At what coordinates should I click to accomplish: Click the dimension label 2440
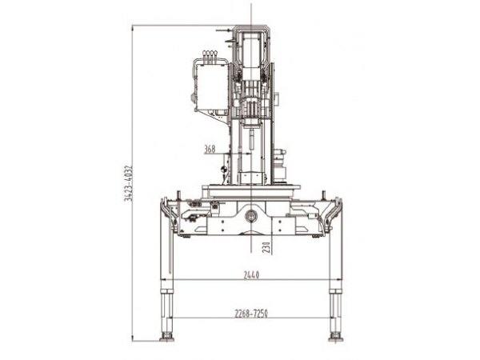[251, 275]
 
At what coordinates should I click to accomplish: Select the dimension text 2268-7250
[251, 314]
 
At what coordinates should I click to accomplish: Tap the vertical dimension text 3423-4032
[128, 183]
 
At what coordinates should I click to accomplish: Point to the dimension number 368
[210, 149]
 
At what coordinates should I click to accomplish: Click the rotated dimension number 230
[266, 247]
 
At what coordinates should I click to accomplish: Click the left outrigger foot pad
[167, 338]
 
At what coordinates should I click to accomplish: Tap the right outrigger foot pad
[335, 338]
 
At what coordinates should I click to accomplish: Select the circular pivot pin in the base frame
[250, 216]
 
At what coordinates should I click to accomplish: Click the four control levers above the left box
[210, 56]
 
